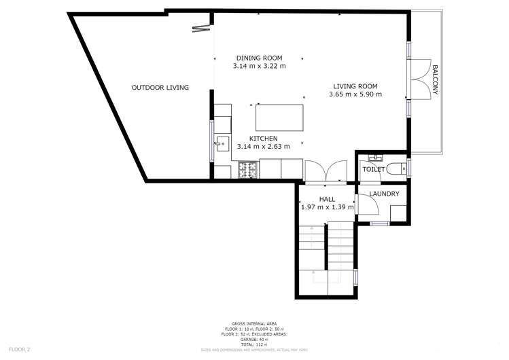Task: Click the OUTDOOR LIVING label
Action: (x=160, y=88)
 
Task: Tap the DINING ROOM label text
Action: (x=259, y=58)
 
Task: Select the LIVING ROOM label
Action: (x=355, y=86)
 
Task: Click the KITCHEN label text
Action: (x=263, y=138)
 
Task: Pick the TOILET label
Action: (x=374, y=169)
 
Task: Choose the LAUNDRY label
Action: (x=384, y=194)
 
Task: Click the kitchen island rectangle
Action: (x=279, y=118)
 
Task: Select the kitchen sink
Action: (x=223, y=143)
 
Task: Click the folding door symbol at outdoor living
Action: (x=201, y=28)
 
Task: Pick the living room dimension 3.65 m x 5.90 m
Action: (x=355, y=94)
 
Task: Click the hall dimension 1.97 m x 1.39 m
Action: (x=327, y=207)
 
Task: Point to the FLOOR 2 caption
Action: (x=18, y=350)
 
